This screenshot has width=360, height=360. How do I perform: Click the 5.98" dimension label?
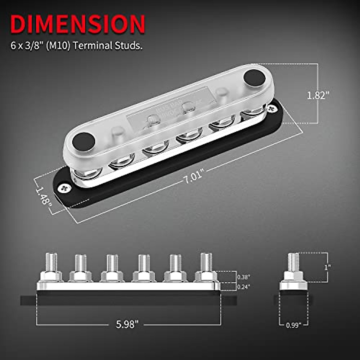point(127,324)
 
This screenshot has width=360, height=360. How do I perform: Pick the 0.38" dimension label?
point(243,277)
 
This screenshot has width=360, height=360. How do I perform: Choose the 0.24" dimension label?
point(243,286)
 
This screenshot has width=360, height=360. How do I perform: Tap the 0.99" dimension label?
point(293,325)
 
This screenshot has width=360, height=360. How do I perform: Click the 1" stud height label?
point(328,267)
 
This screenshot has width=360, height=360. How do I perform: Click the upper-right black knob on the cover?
point(255,77)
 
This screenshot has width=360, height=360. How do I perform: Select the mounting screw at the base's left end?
point(65,188)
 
